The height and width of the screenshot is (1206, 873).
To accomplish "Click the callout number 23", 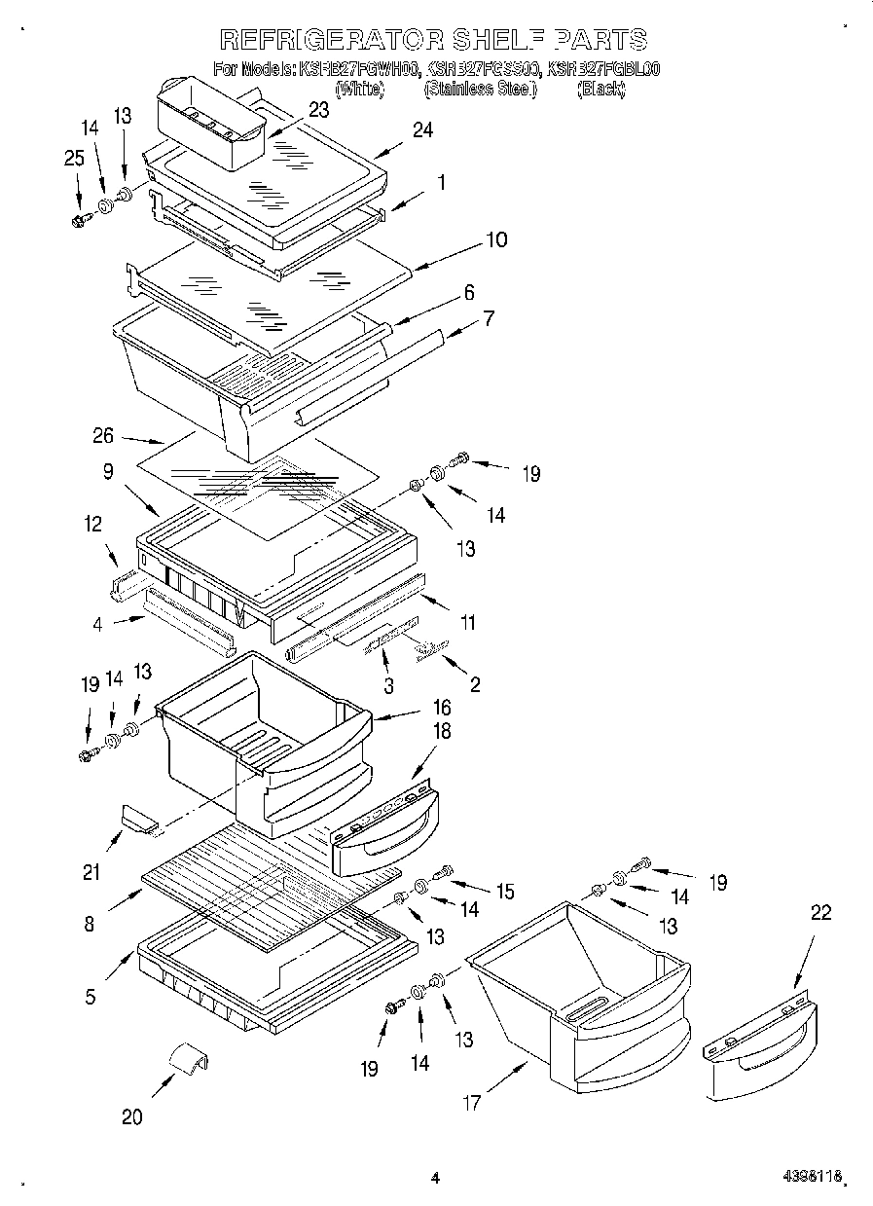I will [318, 110].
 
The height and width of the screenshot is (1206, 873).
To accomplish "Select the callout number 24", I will [422, 130].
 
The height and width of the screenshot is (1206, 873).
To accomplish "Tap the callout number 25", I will [74, 159].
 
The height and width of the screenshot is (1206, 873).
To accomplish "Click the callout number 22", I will [820, 912].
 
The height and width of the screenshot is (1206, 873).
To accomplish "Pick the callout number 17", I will [472, 1103].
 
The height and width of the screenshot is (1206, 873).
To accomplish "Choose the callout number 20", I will [131, 1117].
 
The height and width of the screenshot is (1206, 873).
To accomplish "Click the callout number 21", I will [91, 872].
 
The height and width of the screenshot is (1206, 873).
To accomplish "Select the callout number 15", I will [504, 891].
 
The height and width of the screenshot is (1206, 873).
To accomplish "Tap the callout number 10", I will [496, 239].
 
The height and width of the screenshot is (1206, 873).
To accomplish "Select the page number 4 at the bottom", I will [435, 1178].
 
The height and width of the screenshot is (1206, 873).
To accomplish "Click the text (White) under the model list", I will [359, 89].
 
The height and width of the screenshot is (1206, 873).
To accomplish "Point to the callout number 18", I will [442, 732].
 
